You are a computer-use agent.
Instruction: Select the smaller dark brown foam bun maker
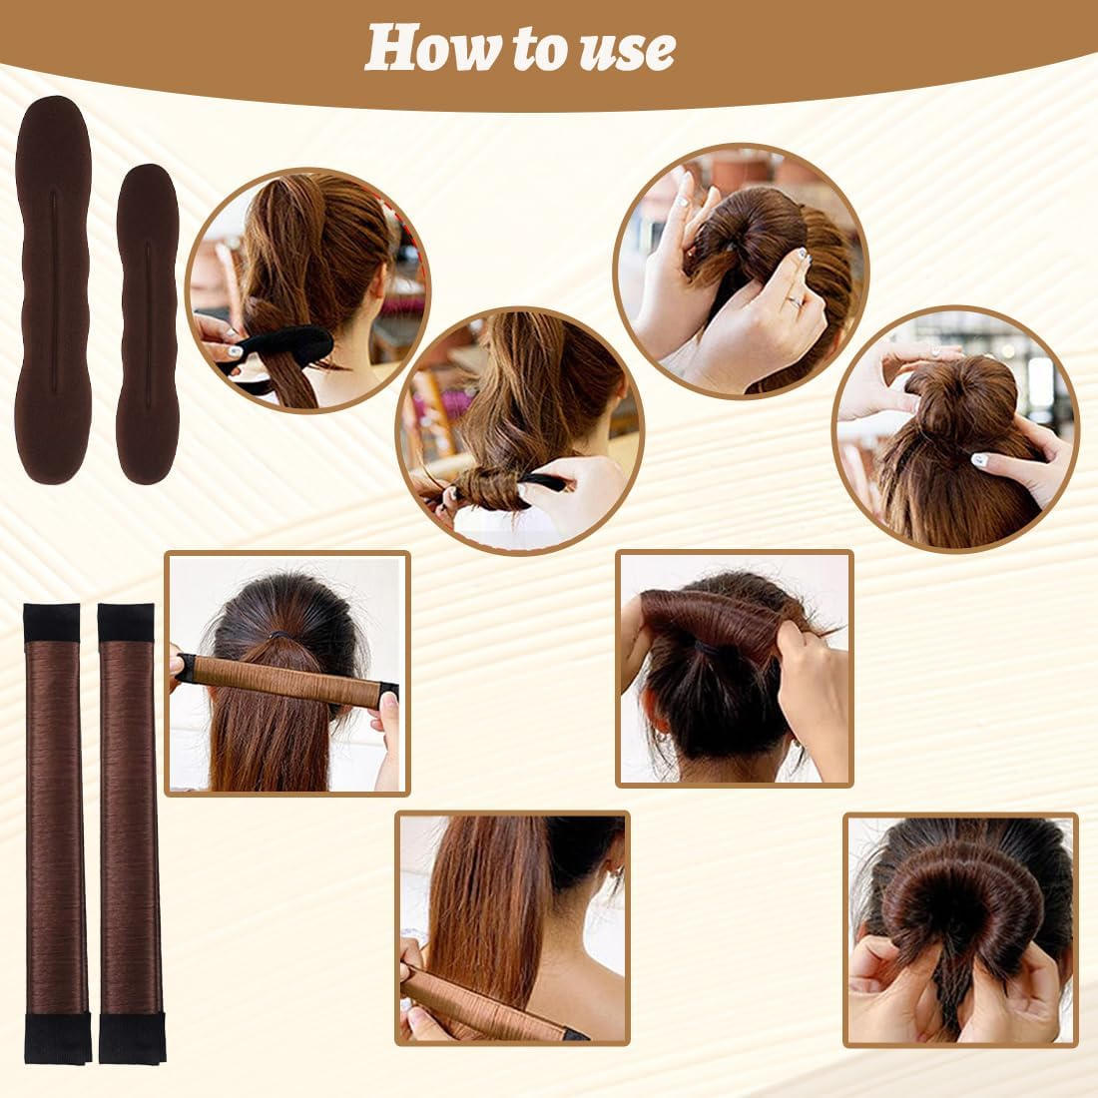pyautogui.click(x=147, y=324)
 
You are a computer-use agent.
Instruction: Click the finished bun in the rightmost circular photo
pyautogui.click(x=958, y=399)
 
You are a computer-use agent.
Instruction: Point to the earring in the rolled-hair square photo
pyautogui.click(x=662, y=741)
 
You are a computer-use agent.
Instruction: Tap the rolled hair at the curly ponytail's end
pyautogui.click(x=489, y=489)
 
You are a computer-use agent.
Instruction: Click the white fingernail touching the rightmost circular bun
pyautogui.click(x=983, y=460)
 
